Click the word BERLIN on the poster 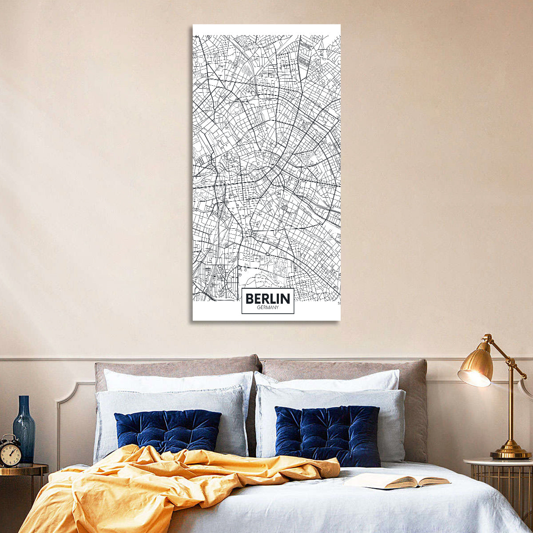click(x=268, y=298)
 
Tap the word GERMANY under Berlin click(x=268, y=308)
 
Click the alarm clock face click(x=9, y=454)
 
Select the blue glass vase click(x=24, y=433)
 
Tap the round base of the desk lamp click(x=510, y=453)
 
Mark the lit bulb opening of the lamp click(x=473, y=378)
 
